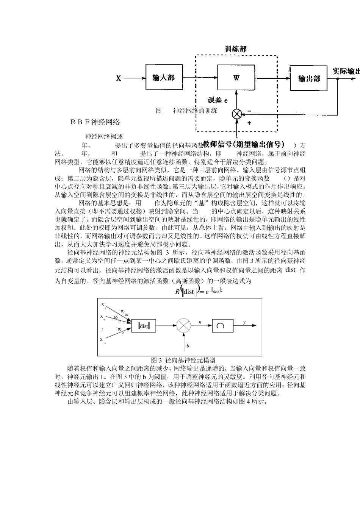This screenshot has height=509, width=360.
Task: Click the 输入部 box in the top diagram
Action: click(x=164, y=78)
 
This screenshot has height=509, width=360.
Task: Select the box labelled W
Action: click(x=236, y=78)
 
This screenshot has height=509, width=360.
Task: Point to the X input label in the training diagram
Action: click(x=119, y=78)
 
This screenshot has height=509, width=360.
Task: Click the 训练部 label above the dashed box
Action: click(x=236, y=49)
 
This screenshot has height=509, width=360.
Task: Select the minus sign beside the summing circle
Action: click(x=249, y=111)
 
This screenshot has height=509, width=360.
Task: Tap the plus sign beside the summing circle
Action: click(x=249, y=123)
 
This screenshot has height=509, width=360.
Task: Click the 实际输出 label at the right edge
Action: click(x=346, y=71)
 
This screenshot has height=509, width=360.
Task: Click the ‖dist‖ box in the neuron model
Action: click(x=144, y=326)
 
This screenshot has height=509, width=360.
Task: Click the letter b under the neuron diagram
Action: click(x=188, y=346)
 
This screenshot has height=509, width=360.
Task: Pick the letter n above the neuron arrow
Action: click(x=200, y=322)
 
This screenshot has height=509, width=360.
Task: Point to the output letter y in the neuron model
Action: click(x=244, y=322)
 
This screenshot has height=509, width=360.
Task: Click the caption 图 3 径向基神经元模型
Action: click(x=183, y=360)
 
